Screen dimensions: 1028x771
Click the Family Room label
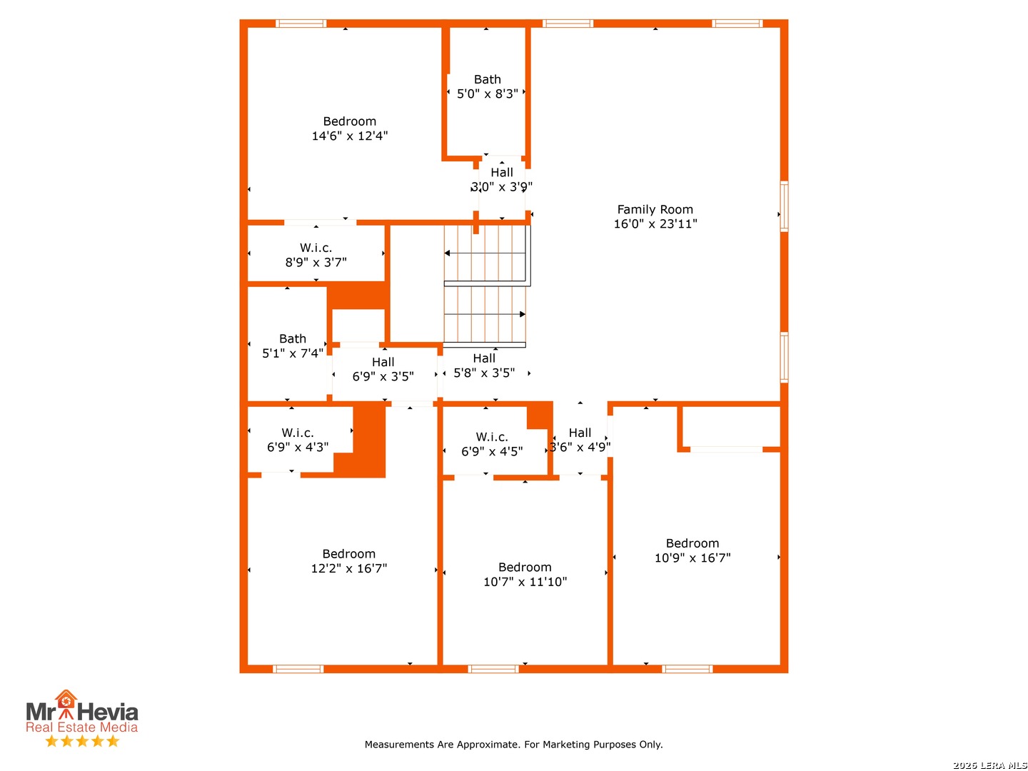(654, 209)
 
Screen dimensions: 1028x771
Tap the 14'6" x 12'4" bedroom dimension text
(349, 136)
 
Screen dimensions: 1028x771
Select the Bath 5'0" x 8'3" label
(487, 86)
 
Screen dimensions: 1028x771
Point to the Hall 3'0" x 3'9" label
(501, 180)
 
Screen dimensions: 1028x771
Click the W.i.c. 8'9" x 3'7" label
(316, 255)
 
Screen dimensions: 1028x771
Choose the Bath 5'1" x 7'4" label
(292, 346)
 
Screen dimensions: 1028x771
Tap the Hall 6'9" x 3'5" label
(383, 369)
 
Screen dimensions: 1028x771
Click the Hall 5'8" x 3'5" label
(484, 365)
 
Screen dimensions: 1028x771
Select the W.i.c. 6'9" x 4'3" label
(298, 440)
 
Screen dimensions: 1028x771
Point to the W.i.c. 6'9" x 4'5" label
(492, 444)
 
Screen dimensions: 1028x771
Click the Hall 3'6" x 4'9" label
(580, 440)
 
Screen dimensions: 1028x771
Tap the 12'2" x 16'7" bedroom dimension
(349, 568)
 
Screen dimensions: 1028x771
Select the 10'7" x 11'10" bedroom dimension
(525, 581)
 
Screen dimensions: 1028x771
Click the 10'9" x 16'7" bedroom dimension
(692, 558)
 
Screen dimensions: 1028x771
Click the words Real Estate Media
(81, 727)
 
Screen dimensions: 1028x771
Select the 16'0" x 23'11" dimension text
(655, 223)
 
